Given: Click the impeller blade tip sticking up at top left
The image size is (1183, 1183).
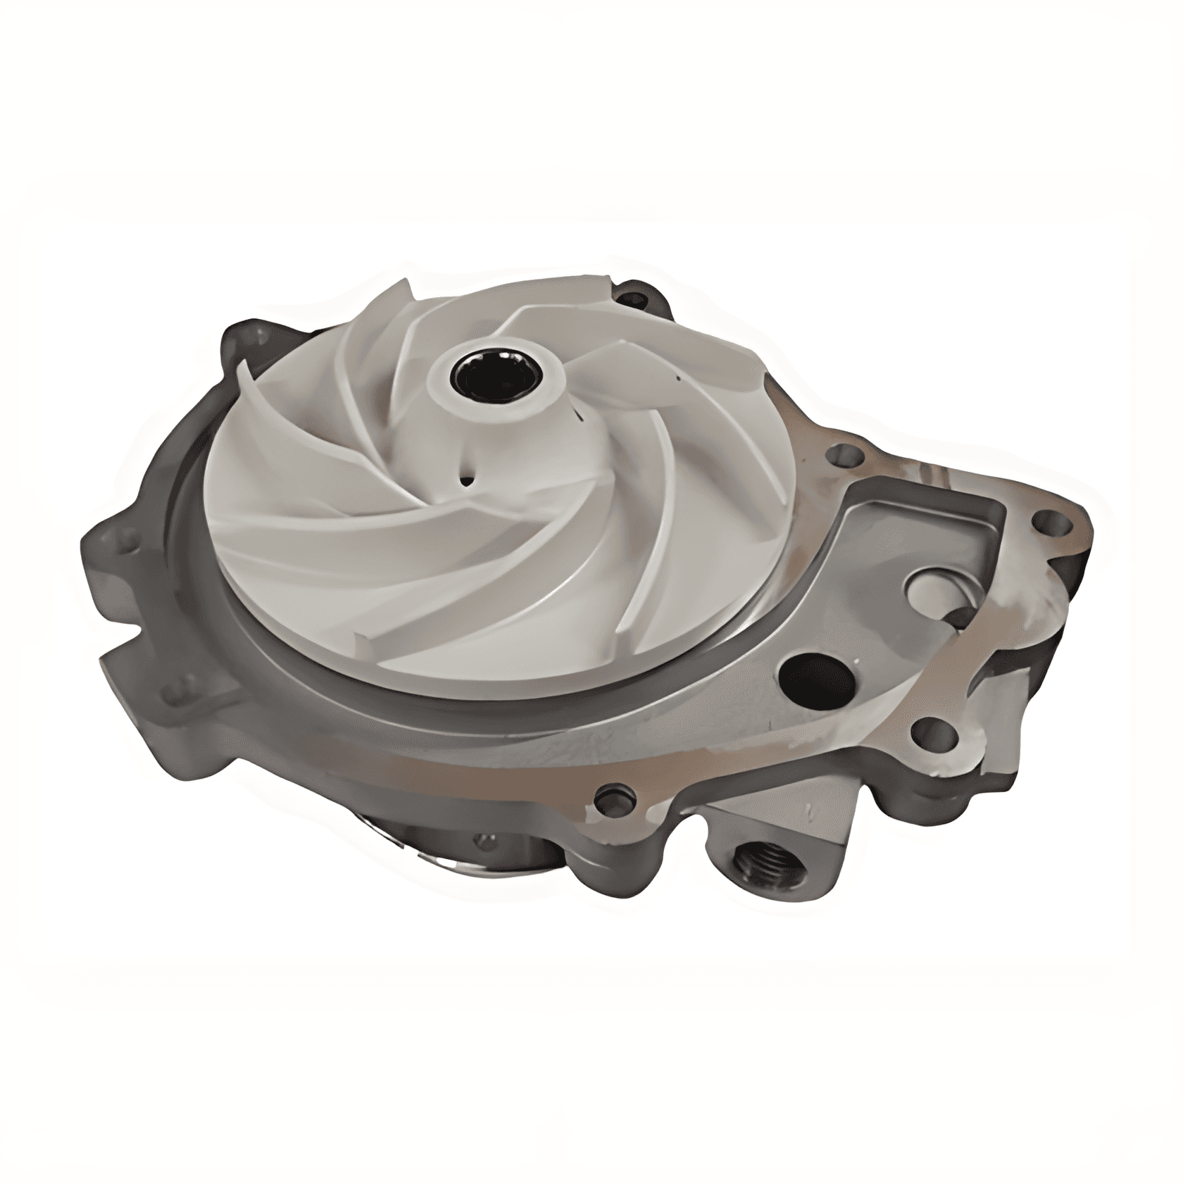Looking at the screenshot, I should coord(401,289).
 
